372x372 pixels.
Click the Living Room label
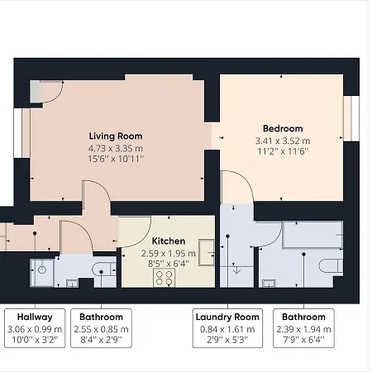(x=116, y=136)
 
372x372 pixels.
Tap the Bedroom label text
(x=283, y=129)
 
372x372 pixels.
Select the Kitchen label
(x=169, y=241)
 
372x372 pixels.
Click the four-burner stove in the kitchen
(x=164, y=278)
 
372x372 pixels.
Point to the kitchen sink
(x=207, y=252)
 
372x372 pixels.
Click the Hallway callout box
(x=35, y=328)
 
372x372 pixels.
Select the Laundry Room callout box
(x=227, y=328)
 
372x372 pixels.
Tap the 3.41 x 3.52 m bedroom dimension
(x=283, y=141)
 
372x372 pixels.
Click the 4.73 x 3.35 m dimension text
(x=116, y=149)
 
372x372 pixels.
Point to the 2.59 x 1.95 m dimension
(x=169, y=253)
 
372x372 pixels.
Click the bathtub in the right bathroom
(x=312, y=235)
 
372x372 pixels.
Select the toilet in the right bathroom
(x=331, y=266)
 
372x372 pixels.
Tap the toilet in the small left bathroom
(x=104, y=269)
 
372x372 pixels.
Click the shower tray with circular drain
(x=42, y=273)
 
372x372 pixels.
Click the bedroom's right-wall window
(x=351, y=118)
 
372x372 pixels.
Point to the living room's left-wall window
(x=22, y=133)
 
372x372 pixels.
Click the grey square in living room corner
(x=35, y=92)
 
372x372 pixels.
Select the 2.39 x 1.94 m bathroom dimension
(x=303, y=329)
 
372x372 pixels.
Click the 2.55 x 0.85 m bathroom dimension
(x=101, y=329)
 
